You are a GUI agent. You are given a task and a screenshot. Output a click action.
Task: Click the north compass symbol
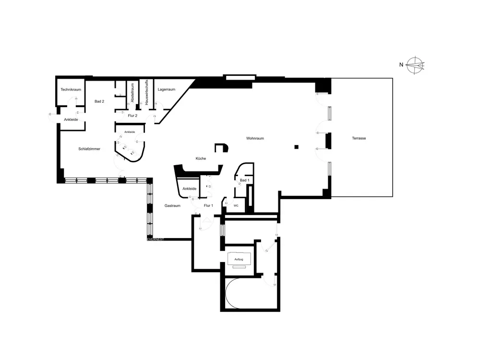coord(415,65)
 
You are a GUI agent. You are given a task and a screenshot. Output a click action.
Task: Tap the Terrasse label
coord(359,138)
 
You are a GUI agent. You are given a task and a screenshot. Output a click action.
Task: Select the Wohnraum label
coord(255,138)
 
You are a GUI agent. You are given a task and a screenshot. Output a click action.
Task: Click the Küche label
coord(201,158)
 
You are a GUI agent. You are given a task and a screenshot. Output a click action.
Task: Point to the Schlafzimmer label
coord(89,149)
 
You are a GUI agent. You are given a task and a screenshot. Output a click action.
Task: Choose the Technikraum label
coord(71,90)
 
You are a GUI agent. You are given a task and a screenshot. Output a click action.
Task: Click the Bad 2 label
coord(99,101)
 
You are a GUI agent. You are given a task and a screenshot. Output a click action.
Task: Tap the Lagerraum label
coord(166,90)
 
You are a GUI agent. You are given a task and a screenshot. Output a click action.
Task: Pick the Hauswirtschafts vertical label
coord(146,93)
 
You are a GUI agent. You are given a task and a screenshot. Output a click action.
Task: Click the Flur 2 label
coord(132,116)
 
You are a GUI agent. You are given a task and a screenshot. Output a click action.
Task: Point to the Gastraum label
coord(172,205)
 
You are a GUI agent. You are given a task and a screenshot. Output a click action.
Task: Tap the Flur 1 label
coord(208,205)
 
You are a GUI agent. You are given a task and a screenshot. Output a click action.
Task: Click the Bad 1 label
coord(244,180)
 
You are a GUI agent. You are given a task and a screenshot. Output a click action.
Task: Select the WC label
coord(236,205)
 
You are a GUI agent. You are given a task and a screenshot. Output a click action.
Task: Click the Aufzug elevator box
coord(239,259)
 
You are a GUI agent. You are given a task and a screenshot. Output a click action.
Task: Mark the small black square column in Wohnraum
coord(297,146)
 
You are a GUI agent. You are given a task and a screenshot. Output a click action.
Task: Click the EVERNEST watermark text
coord(155,239)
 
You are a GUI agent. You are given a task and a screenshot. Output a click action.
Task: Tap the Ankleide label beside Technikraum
coord(68,120)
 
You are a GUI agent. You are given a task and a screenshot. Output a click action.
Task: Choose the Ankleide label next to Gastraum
coord(190,189)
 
